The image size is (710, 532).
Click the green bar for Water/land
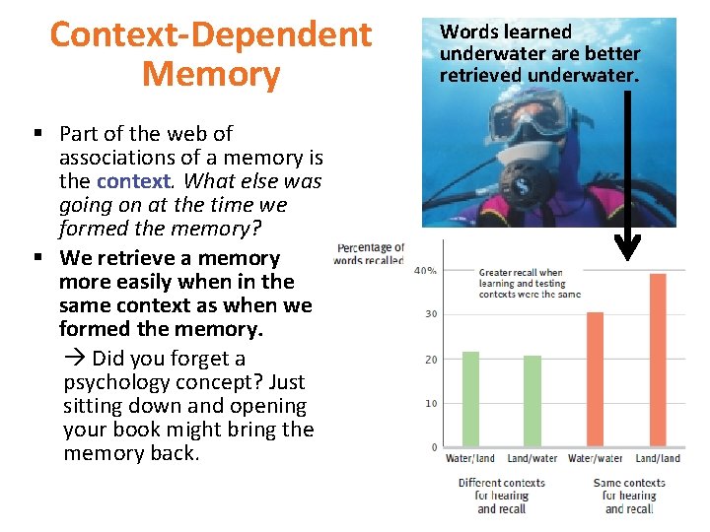point(470,398)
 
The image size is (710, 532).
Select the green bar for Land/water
point(532,400)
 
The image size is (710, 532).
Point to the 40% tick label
point(426,270)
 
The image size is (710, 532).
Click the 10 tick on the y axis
point(431,403)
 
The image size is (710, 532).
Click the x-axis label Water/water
point(596,458)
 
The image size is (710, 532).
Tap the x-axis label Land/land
point(657,458)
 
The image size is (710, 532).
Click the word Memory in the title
point(211,74)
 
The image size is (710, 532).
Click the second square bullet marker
point(36,258)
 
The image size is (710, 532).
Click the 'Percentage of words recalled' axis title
point(369,254)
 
